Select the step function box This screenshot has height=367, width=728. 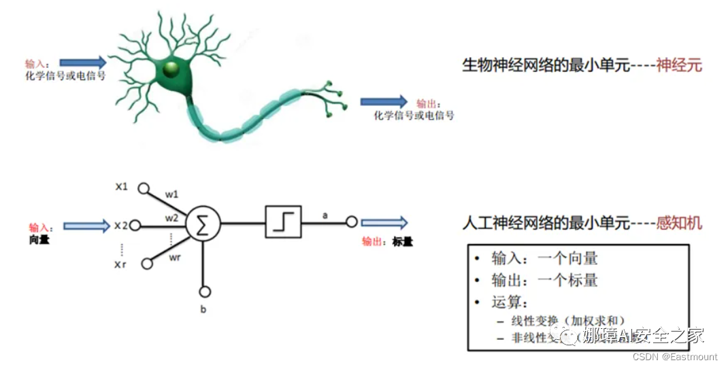(283, 222)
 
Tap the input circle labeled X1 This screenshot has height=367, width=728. (144, 188)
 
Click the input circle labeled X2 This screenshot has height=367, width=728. (135, 226)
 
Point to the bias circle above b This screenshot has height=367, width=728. (203, 292)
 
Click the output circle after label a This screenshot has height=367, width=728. (352, 222)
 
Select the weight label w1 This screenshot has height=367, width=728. (171, 195)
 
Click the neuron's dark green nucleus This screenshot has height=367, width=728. (171, 68)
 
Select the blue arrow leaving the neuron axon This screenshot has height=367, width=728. (384, 101)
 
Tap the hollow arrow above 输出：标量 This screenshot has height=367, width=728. (384, 222)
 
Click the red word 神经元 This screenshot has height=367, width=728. (679, 66)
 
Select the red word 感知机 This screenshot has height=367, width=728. (679, 223)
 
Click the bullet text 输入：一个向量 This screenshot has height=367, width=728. (544, 259)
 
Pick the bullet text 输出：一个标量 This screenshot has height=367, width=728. (544, 281)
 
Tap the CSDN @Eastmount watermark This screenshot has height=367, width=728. (675, 357)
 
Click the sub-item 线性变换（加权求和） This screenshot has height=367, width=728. (568, 320)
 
